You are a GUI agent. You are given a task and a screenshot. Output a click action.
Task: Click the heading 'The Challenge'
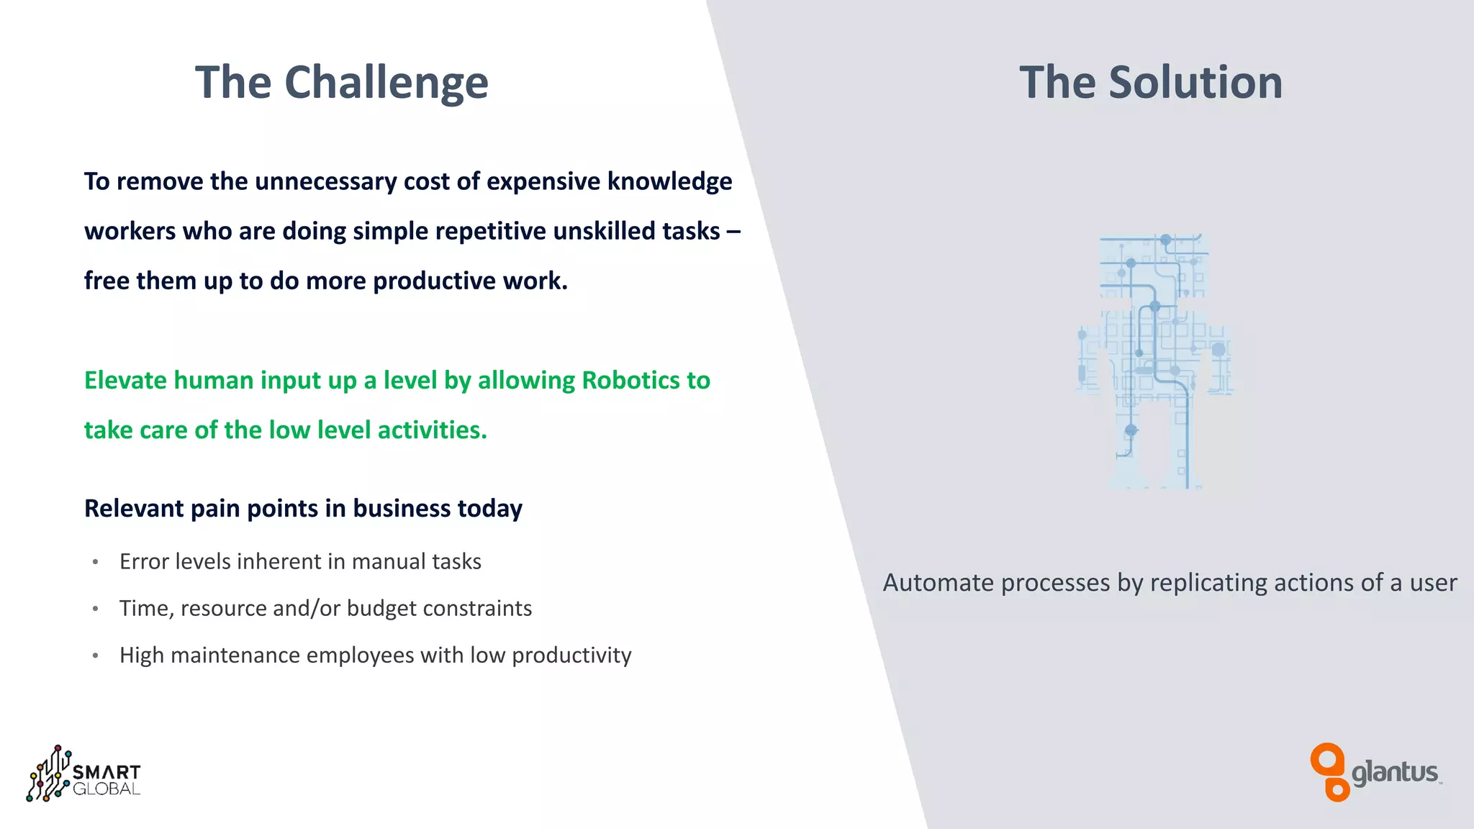tap(342, 82)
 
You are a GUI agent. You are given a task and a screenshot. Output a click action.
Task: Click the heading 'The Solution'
tap(1151, 82)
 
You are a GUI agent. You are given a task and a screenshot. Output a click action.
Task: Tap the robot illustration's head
tap(1154, 265)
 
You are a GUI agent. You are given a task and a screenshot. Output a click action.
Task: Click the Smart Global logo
tap(83, 774)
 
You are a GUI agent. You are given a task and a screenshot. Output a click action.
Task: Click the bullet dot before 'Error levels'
tap(95, 562)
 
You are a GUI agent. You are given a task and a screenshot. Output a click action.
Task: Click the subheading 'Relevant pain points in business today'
tap(303, 508)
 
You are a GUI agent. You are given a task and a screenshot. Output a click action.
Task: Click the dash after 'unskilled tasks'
tap(733, 232)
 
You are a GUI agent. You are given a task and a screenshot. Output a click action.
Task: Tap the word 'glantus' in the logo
tap(1395, 773)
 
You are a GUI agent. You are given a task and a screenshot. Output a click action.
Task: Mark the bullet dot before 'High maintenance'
tap(95, 656)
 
